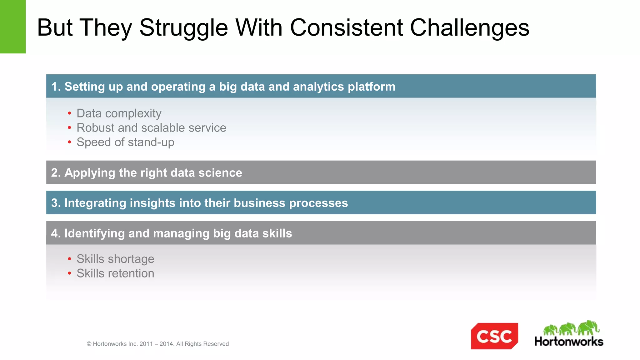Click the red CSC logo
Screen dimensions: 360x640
pos(494,336)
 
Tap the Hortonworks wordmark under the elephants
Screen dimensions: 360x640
pos(569,341)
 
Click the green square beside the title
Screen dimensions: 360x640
pos(12,27)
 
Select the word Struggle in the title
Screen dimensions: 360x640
pos(184,28)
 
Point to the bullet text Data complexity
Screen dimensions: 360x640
pos(119,113)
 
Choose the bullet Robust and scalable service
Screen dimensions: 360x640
pos(151,127)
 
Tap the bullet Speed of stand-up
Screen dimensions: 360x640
pos(125,142)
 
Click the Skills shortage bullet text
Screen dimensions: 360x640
pos(115,259)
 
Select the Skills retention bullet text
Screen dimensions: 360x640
pos(115,273)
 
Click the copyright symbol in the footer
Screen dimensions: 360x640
pos(89,344)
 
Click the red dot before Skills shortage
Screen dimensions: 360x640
pos(69,259)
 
